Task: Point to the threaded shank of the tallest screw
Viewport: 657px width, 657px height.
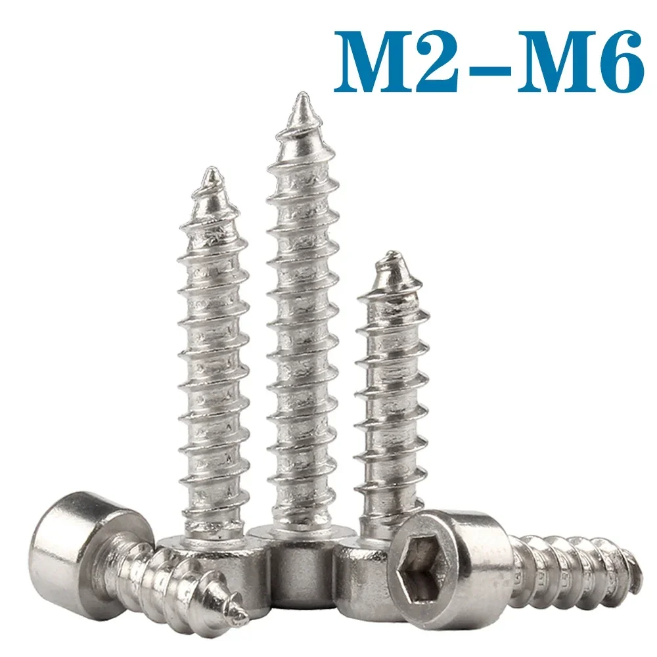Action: [302, 328]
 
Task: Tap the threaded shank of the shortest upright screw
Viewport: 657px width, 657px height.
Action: [390, 394]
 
